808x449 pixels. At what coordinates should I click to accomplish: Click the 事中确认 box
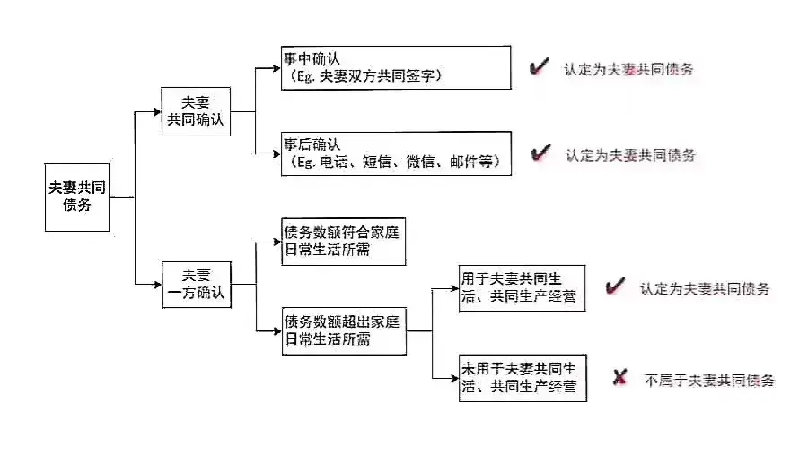pyautogui.click(x=396, y=68)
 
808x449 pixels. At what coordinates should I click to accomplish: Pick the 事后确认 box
pyautogui.click(x=396, y=153)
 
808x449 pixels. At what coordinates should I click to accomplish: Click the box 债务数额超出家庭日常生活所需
pyautogui.click(x=344, y=330)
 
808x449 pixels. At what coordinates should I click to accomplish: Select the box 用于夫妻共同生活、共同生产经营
pyautogui.click(x=522, y=288)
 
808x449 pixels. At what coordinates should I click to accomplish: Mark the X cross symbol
pyautogui.click(x=619, y=378)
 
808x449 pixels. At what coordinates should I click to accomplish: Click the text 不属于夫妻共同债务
pyautogui.click(x=709, y=380)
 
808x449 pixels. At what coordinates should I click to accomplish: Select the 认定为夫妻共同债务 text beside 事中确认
pyautogui.click(x=628, y=68)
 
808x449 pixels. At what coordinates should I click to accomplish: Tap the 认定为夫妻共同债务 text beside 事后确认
pyautogui.click(x=630, y=154)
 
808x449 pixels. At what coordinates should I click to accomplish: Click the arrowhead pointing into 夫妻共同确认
pyautogui.click(x=156, y=111)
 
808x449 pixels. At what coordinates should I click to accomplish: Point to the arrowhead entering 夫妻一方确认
pyautogui.click(x=156, y=284)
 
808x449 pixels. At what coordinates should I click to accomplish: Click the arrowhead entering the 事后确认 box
pyautogui.click(x=277, y=154)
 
